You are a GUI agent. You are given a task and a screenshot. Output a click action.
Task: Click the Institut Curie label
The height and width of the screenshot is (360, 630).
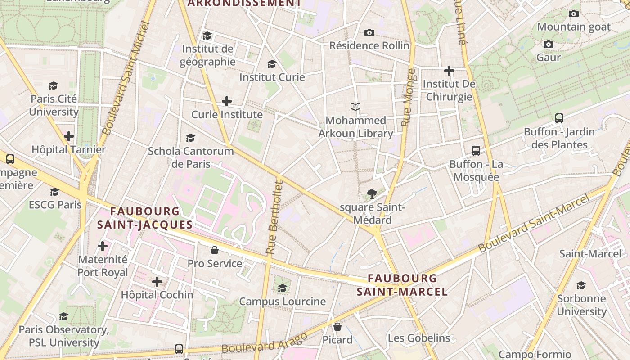272,77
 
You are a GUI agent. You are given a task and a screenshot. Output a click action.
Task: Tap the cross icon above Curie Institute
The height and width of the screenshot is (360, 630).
227,101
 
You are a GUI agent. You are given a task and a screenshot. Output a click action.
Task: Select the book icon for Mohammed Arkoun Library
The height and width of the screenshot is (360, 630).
355,107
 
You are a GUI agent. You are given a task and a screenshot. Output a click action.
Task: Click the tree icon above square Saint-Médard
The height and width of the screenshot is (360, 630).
372,194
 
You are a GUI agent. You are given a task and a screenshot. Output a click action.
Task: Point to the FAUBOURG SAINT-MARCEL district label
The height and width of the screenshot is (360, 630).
402,285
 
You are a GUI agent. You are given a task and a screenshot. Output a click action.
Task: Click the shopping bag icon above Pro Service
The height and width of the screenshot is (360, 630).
215,250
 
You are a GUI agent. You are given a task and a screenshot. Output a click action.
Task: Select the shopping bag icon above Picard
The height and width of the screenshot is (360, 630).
337,327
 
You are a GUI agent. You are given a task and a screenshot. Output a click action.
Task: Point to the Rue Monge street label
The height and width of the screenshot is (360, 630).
407,98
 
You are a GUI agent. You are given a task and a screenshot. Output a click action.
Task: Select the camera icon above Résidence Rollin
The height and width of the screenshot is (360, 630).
369,32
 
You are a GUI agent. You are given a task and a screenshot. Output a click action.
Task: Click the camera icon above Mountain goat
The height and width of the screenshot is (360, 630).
574,14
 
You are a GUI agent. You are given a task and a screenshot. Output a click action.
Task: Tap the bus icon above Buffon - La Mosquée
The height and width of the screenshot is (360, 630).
476,151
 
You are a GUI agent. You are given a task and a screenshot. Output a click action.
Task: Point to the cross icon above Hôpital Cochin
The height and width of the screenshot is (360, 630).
157,282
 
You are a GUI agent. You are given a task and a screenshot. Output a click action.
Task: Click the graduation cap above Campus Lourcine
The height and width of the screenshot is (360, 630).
282,288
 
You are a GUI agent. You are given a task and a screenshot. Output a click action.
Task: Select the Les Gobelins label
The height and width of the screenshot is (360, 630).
418,338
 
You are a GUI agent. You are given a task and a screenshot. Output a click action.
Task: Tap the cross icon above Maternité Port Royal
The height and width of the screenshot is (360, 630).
103,246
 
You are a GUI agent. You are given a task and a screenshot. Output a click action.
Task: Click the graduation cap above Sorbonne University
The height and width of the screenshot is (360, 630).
581,285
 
